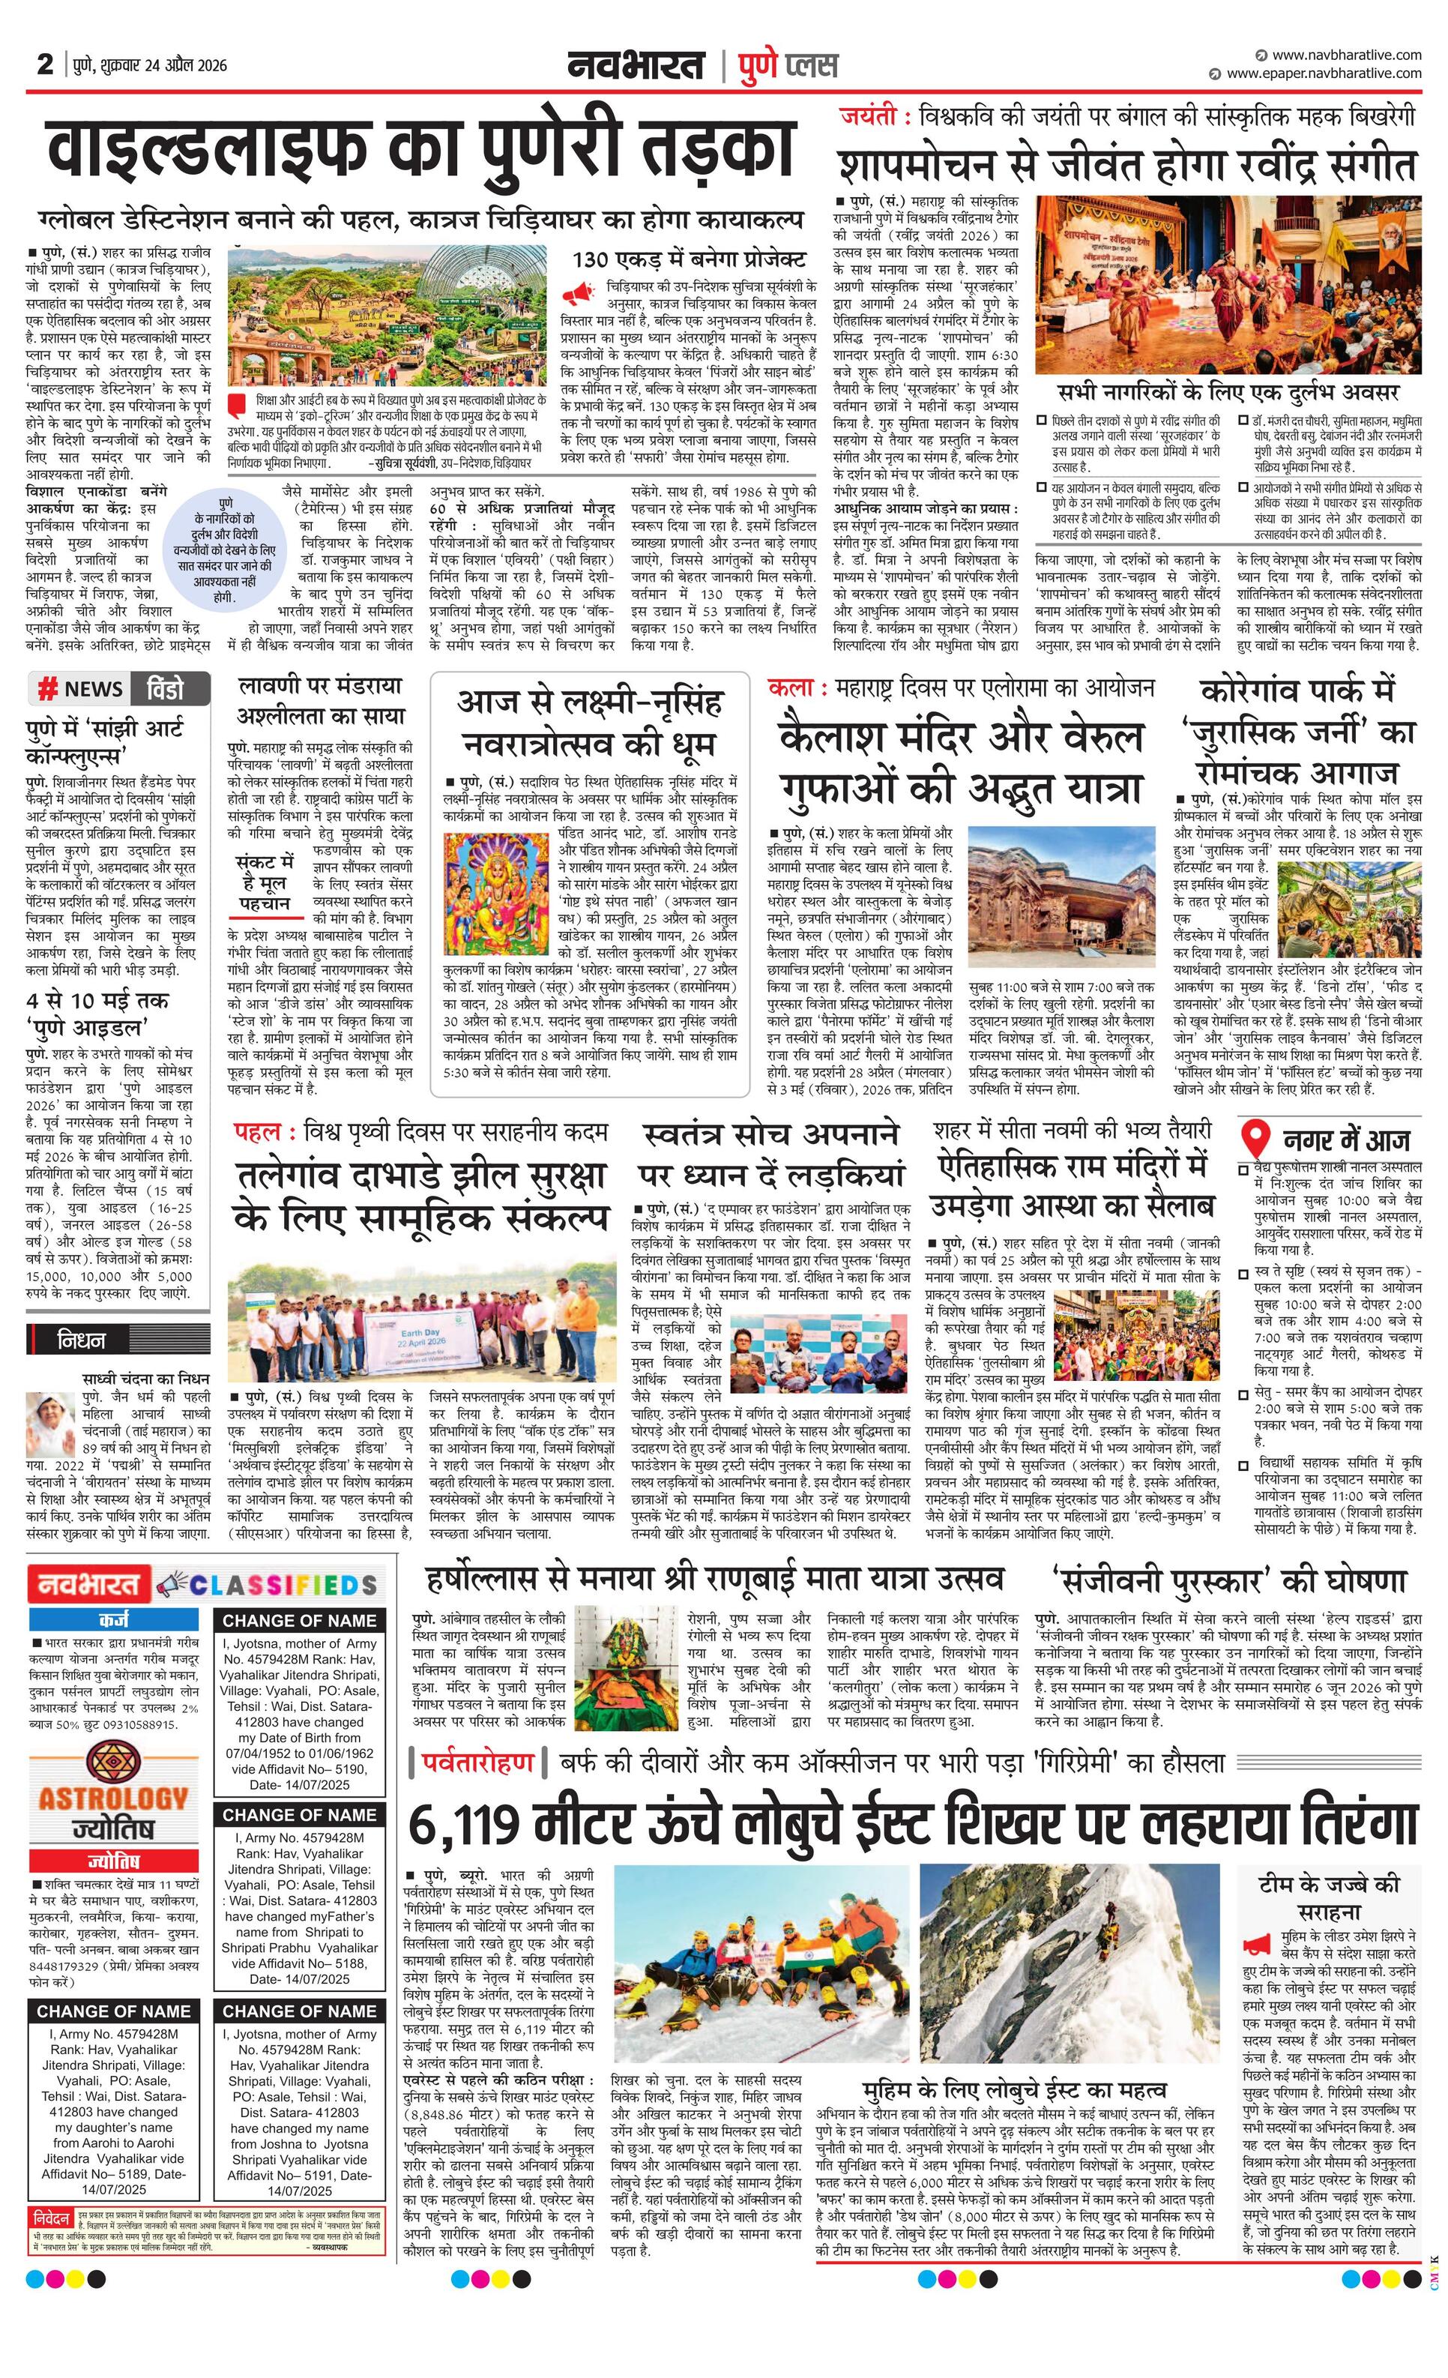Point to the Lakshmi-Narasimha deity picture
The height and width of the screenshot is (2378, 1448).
point(496,881)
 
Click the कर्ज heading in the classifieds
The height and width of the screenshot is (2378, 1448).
point(113,1619)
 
